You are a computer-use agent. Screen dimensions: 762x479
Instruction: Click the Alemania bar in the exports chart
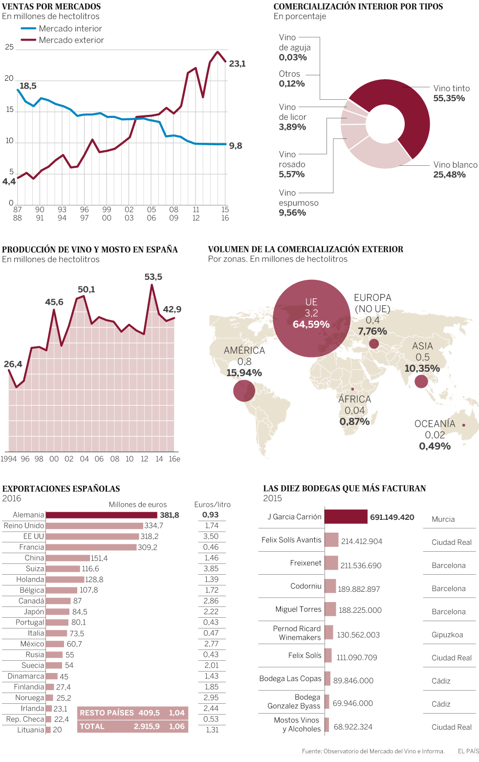[101, 515]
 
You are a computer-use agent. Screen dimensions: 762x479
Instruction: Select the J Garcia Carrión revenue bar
[346, 516]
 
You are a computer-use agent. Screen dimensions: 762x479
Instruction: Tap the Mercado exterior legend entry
[71, 40]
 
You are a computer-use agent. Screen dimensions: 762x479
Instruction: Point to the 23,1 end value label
[238, 64]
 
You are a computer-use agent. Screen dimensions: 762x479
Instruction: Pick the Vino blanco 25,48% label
[455, 170]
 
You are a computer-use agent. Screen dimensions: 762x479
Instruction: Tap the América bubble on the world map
[244, 391]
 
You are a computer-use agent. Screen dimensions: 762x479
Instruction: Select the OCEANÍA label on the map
[435, 424]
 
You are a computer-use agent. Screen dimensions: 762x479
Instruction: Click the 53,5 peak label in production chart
[153, 277]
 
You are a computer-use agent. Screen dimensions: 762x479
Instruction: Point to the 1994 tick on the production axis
[8, 459]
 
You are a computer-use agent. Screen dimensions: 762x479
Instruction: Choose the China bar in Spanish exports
[67, 558]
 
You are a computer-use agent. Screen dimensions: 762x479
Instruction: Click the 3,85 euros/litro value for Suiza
[211, 569]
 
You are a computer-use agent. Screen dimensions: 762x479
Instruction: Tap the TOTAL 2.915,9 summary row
[132, 726]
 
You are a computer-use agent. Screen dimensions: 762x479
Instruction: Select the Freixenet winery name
[305, 563]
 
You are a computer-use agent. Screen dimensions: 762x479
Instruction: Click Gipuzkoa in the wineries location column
[447, 635]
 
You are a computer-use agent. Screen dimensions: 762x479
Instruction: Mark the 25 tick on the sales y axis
[9, 47]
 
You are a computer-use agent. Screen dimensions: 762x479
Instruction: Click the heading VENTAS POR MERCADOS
[51, 6]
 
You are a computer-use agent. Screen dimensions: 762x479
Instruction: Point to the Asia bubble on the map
[421, 381]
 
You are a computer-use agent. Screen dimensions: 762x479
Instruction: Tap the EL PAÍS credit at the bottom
[468, 751]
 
